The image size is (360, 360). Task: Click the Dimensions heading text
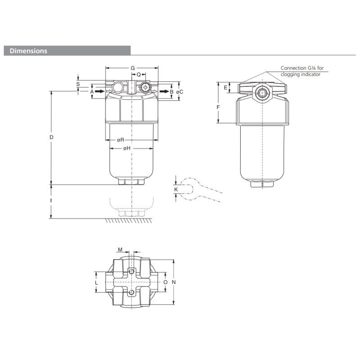28,51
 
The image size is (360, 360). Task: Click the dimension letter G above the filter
132,68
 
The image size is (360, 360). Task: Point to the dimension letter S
78,84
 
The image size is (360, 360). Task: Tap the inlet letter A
92,91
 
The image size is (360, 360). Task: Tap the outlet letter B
171,91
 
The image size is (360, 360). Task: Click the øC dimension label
180,91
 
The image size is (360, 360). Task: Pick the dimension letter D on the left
51,136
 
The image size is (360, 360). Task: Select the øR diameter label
121,140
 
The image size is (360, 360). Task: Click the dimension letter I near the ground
51,201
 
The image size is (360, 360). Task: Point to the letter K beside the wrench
176,190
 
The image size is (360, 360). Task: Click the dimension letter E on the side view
225,87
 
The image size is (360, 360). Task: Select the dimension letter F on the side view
218,107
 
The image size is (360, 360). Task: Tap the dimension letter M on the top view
120,249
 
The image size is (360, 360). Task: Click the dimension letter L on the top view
96,282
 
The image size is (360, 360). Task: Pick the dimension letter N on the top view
174,282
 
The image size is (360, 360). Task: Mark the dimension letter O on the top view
165,282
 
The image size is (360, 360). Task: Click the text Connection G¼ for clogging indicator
301,71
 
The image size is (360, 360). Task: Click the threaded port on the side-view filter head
261,93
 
